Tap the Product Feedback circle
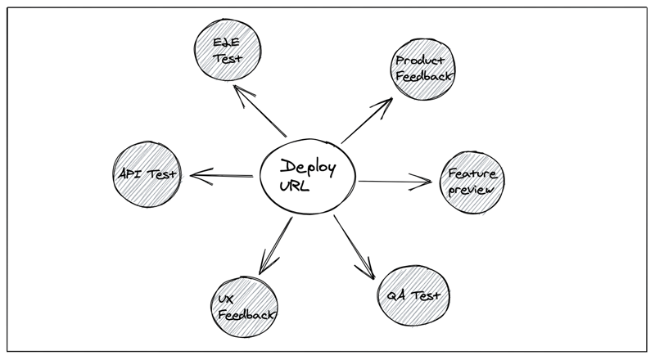(422, 70)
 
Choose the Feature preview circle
(473, 182)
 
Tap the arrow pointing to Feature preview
(395, 182)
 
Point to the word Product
(421, 61)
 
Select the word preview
(472, 191)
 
